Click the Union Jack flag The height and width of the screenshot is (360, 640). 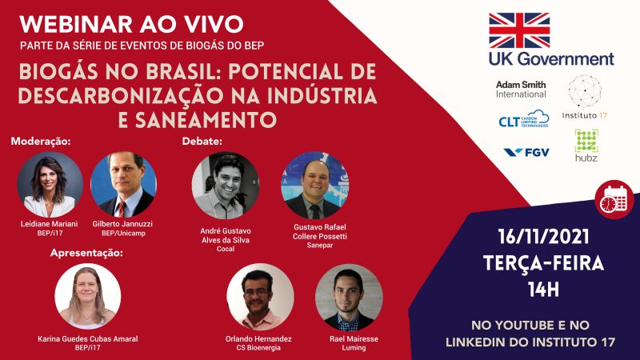pyautogui.click(x=519, y=30)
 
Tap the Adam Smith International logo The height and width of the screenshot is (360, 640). pyautogui.click(x=521, y=89)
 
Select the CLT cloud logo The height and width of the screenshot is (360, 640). pyautogui.click(x=524, y=118)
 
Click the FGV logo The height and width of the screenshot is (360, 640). pyautogui.click(x=526, y=152)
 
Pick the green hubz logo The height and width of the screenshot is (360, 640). pyautogui.click(x=586, y=146)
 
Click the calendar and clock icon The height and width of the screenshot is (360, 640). pyautogui.click(x=614, y=199)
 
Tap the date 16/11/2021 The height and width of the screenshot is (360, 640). pyautogui.click(x=543, y=237)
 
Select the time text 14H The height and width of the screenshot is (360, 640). pyautogui.click(x=543, y=290)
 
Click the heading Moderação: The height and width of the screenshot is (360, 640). pyautogui.click(x=41, y=142)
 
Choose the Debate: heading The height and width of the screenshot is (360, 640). pyautogui.click(x=202, y=142)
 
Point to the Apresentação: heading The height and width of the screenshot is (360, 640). pyautogui.click(x=86, y=253)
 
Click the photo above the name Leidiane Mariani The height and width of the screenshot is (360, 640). pyautogui.click(x=50, y=185)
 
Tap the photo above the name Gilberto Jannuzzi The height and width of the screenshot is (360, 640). pyautogui.click(x=123, y=185)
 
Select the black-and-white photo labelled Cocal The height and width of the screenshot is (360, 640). pyautogui.click(x=226, y=186)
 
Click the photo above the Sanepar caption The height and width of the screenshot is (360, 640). pyautogui.click(x=315, y=186)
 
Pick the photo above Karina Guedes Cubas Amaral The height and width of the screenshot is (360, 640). pyautogui.click(x=88, y=296)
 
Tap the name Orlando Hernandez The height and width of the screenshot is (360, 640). pyautogui.click(x=258, y=338)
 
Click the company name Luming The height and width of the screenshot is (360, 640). pyautogui.click(x=354, y=348)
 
